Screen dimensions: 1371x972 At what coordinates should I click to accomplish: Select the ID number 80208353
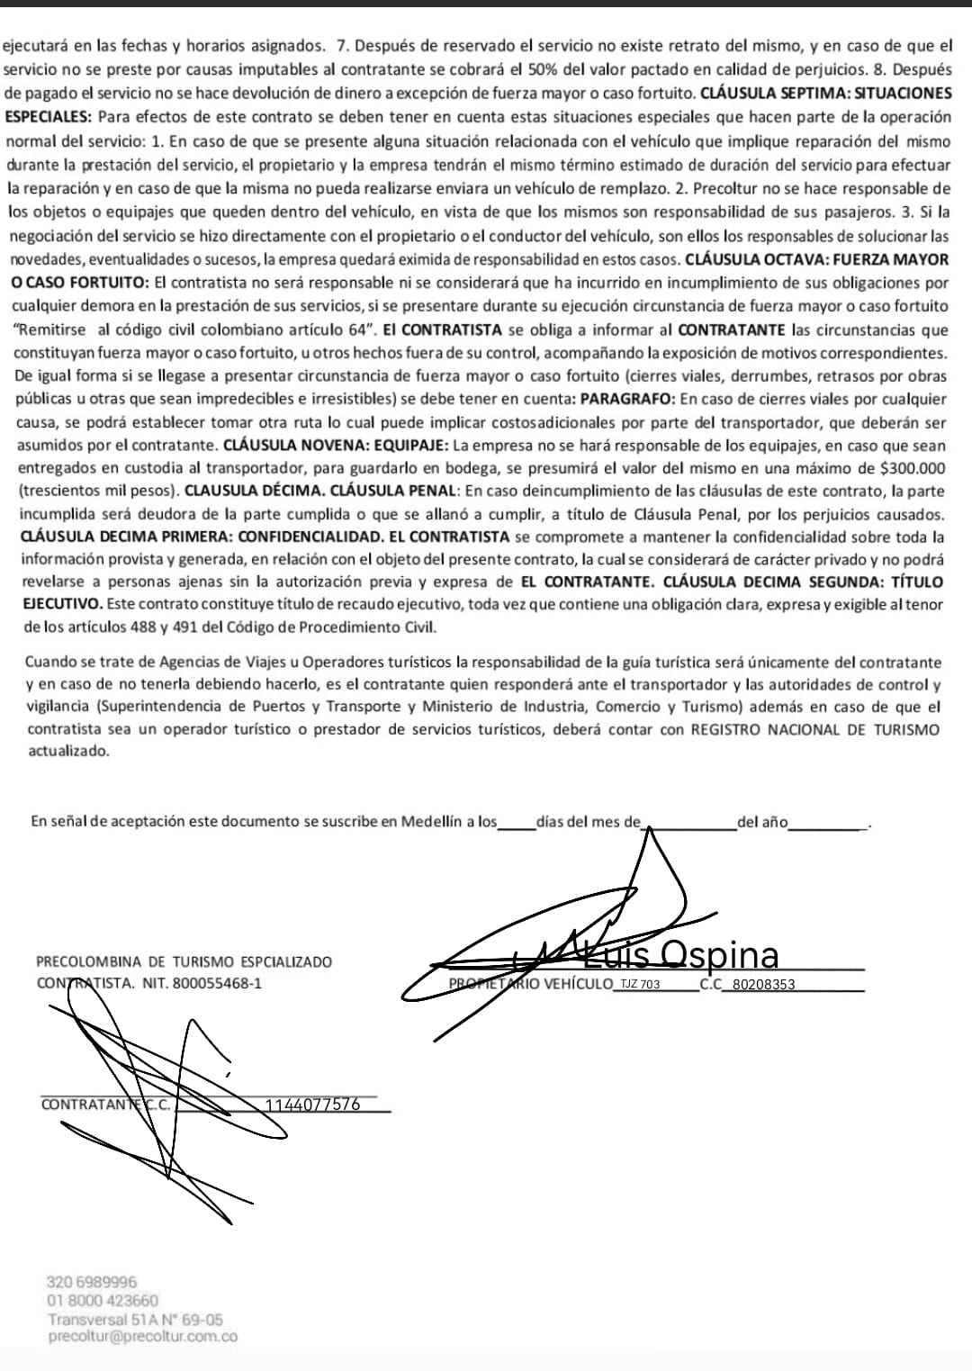(x=764, y=984)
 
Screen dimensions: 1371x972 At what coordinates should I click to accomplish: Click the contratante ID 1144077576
(x=313, y=1105)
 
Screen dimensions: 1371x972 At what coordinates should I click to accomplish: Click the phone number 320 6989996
(x=92, y=1282)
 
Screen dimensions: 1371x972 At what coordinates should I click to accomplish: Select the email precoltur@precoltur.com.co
(x=143, y=1337)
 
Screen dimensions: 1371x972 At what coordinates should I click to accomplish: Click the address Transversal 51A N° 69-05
(x=136, y=1320)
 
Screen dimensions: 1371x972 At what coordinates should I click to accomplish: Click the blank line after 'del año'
(x=827, y=822)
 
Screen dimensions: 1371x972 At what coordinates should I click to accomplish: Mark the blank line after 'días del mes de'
(x=688, y=822)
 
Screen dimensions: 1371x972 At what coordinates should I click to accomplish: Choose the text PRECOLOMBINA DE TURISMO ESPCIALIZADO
(x=184, y=961)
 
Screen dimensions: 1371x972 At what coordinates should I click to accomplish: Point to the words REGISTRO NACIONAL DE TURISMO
(x=814, y=729)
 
